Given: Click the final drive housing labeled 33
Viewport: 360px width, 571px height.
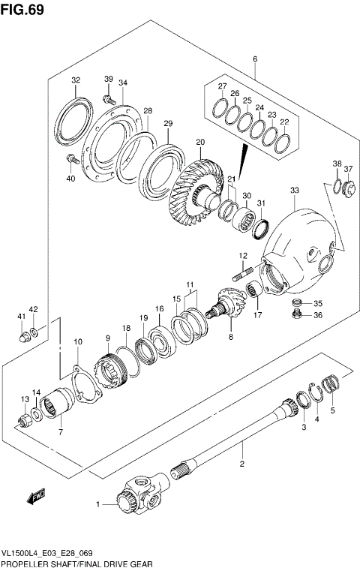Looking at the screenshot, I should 300,240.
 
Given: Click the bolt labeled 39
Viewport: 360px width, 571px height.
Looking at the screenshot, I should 109,98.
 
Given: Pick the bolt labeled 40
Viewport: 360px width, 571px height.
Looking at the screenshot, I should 73,159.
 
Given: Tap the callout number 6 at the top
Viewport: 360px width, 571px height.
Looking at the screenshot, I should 254,59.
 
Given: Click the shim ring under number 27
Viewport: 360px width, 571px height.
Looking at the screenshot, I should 222,110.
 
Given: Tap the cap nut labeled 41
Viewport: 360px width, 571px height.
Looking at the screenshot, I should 25,335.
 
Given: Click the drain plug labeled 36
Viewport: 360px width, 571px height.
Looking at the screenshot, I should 296,316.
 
